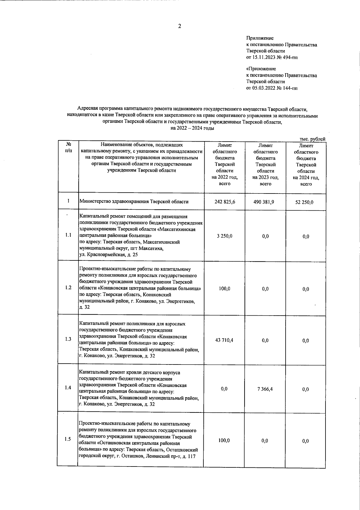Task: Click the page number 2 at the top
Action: [x=179, y=26]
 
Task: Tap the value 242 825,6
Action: [x=225, y=202]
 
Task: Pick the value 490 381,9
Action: [x=265, y=202]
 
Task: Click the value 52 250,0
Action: [x=306, y=202]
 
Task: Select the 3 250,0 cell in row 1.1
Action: [x=225, y=236]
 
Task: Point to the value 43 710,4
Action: [x=224, y=340]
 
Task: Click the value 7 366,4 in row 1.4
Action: [x=265, y=389]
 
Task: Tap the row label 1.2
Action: [x=68, y=287]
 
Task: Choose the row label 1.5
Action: [x=67, y=439]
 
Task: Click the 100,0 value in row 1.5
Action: [x=224, y=440]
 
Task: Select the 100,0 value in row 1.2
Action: [x=224, y=289]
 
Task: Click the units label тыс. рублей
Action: [x=312, y=139]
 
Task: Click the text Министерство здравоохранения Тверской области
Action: [x=134, y=202]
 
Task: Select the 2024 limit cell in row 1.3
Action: [x=306, y=340]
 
